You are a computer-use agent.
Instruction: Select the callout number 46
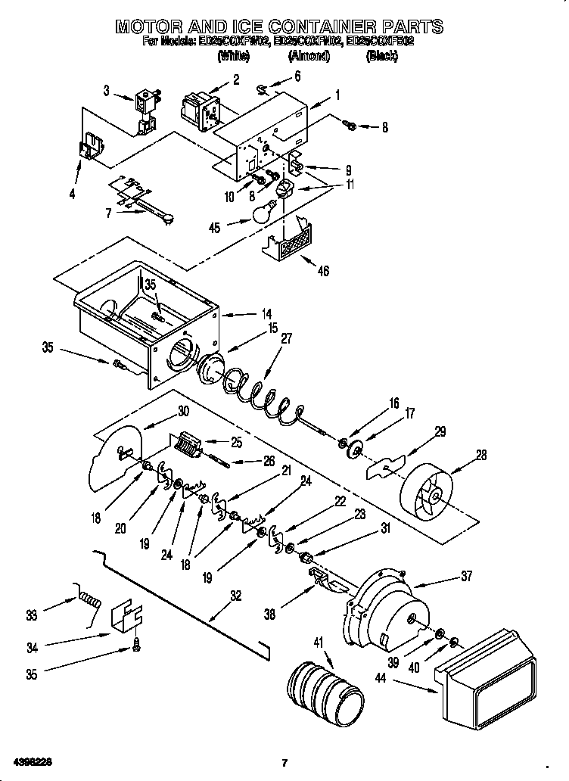click(x=323, y=272)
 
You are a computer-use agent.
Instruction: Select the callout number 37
click(x=466, y=577)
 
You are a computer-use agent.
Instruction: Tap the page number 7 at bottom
click(x=284, y=761)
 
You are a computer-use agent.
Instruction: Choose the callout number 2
click(x=235, y=79)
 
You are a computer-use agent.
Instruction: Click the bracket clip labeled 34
click(x=126, y=618)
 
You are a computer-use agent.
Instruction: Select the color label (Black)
click(x=382, y=56)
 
